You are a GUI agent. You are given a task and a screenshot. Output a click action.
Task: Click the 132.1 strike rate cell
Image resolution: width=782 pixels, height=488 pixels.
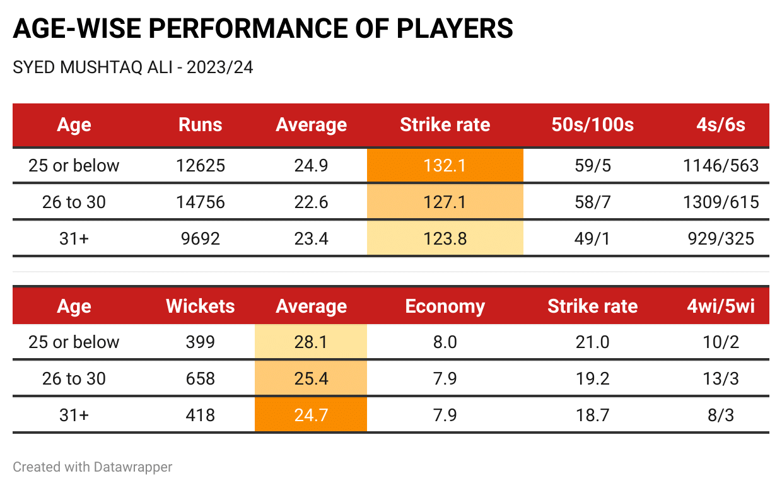point(445,166)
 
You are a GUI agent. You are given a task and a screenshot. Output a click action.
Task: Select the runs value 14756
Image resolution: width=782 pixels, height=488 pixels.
point(201,202)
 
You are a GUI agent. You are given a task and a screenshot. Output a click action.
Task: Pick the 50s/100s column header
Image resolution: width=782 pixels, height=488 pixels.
point(592,125)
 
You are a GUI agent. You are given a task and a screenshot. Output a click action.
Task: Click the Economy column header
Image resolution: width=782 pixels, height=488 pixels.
point(445,306)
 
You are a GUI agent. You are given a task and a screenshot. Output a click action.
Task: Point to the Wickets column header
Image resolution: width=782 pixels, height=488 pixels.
point(201,306)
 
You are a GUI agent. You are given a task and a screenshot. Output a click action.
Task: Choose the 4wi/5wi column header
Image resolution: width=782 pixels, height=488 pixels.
point(721,306)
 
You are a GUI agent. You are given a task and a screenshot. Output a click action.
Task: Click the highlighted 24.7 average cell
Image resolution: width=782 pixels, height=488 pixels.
point(311,415)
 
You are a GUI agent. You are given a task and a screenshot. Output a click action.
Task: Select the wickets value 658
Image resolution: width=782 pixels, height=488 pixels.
point(201,379)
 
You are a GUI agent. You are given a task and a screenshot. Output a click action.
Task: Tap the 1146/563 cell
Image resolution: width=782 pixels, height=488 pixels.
point(720,166)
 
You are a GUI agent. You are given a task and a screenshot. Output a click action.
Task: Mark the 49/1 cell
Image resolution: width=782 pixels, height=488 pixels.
point(592,239)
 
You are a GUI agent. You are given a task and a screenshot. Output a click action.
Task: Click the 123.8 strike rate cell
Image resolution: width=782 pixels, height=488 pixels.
point(445,239)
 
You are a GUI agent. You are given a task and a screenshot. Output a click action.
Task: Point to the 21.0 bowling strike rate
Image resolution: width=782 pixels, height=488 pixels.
point(592,342)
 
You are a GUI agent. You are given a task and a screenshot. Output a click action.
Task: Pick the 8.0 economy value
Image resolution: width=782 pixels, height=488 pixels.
point(445,342)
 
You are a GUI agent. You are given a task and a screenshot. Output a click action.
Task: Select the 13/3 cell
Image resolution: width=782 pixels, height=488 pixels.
point(721,379)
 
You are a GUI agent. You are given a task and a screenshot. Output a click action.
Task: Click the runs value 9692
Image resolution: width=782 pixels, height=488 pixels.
point(201,239)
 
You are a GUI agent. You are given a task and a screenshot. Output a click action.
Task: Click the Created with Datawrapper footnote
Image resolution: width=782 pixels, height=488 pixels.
point(93,467)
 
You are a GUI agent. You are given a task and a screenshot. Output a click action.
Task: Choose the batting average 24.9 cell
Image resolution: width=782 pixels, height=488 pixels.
point(311,166)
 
